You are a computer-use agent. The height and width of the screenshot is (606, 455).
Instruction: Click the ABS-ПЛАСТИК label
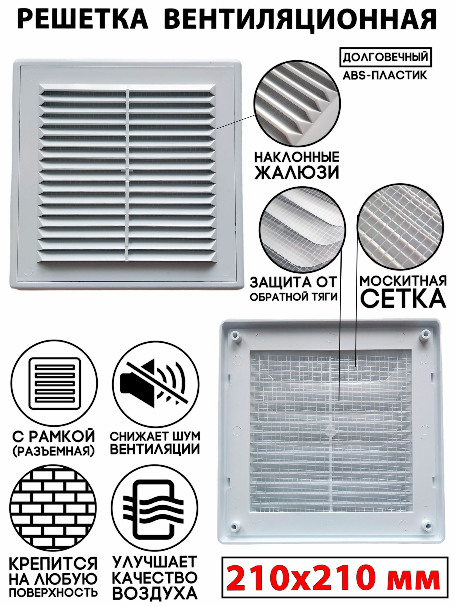tap(385, 75)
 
